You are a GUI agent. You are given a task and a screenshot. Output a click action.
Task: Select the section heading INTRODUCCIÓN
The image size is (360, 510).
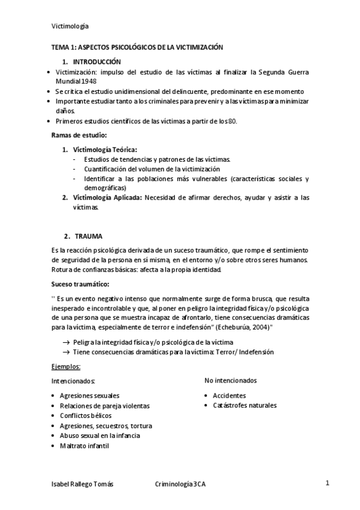97,62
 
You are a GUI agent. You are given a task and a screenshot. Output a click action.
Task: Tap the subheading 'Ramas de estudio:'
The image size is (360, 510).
79,135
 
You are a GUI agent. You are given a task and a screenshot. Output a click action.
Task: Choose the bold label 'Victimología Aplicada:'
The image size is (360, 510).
107,197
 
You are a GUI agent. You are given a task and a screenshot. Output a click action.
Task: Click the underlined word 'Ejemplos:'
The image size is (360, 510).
66,366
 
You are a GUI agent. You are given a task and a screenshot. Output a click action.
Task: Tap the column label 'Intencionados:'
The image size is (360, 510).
73,381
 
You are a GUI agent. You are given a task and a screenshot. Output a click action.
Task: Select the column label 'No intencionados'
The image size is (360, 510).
231,380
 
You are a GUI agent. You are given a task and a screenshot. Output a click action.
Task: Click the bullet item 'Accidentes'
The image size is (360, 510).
229,396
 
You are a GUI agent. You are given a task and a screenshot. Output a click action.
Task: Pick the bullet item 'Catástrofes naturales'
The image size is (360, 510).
245,405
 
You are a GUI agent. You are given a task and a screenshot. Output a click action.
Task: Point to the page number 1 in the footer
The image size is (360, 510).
328,483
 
